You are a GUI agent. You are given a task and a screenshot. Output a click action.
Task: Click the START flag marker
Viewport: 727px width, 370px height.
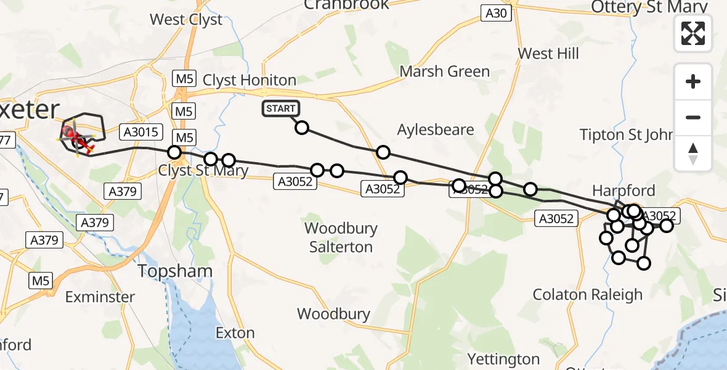pos(282,109)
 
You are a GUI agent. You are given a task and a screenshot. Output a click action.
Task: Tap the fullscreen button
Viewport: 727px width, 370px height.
pos(693,33)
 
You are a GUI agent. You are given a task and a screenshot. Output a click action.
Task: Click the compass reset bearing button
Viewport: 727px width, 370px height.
pos(693,154)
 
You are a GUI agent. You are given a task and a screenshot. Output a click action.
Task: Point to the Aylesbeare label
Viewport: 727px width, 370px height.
pos(436,130)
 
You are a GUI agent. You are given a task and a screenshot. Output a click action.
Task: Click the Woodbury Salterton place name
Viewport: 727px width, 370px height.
pos(341,237)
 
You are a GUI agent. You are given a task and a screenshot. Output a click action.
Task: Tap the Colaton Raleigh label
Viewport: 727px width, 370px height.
pos(587,294)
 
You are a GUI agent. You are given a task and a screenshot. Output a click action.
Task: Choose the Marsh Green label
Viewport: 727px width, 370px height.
pos(444,72)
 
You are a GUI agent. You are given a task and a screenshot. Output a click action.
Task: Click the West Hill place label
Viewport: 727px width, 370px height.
pos(548,54)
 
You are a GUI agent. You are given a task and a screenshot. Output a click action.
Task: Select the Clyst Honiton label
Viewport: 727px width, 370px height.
pos(250,80)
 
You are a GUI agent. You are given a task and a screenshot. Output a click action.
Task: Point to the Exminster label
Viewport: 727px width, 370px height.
pos(100,297)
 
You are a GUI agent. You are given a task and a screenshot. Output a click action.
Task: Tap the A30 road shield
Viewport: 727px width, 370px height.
pos(497,13)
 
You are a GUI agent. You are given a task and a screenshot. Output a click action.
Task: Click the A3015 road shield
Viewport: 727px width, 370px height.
pos(142,131)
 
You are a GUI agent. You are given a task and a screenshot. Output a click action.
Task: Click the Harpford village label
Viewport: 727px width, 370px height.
pos(623,190)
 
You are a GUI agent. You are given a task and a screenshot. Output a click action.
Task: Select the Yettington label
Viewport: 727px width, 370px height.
pos(503,359)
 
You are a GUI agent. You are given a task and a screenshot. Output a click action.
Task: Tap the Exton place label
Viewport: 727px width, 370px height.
pos(235,333)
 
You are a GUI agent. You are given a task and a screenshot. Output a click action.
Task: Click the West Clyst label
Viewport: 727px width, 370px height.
pos(187,20)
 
